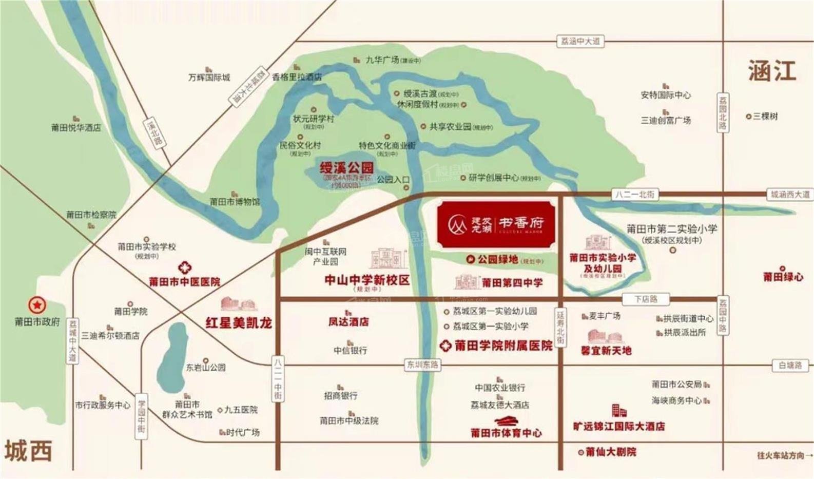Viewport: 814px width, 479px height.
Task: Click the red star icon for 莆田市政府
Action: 37,305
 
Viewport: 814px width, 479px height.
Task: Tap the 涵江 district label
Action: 771,71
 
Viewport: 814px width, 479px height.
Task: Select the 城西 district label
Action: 29,451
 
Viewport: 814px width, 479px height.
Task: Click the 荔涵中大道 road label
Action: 580,41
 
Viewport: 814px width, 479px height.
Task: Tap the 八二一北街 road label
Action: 635,195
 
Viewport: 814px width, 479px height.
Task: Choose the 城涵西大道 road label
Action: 790,195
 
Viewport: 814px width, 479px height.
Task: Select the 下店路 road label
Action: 646,299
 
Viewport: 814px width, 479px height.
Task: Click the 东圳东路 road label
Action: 423,365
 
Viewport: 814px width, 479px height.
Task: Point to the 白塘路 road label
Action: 790,366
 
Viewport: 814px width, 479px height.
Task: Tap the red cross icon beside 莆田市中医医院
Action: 185,267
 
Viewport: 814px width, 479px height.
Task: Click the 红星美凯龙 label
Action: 239,323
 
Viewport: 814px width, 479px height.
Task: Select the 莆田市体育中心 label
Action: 506,433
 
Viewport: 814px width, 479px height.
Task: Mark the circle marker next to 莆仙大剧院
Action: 581,452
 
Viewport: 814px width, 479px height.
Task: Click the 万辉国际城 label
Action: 209,78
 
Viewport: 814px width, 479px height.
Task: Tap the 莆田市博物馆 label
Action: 235,202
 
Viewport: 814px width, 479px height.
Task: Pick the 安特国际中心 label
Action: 666,95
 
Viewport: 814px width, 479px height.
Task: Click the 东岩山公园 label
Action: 206,368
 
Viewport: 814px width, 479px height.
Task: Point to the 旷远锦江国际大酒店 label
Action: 618,426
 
